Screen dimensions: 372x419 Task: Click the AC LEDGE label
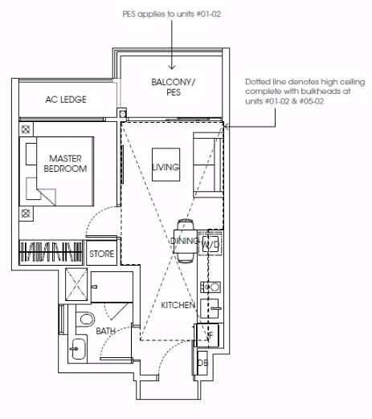(x=66, y=100)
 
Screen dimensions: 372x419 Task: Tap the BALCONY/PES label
(x=174, y=87)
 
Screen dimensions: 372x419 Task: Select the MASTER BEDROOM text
(x=65, y=164)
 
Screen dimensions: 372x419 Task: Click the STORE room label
(x=101, y=254)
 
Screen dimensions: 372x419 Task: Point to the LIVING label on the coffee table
(x=166, y=167)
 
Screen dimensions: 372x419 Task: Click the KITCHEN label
(x=178, y=305)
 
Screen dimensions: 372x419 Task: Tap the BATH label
(x=105, y=331)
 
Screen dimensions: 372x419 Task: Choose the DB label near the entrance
(x=202, y=363)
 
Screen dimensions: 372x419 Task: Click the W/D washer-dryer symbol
(x=211, y=244)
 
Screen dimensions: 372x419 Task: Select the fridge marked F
(x=209, y=335)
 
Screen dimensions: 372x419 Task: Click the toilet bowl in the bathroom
(x=86, y=319)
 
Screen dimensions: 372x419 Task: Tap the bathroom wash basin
(x=78, y=349)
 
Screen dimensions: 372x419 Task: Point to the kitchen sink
(x=210, y=308)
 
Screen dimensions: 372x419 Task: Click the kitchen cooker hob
(x=211, y=287)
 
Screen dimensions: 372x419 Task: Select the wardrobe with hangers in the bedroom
(x=51, y=252)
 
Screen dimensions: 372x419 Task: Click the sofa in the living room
(x=208, y=165)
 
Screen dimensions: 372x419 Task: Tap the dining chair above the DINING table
(x=186, y=224)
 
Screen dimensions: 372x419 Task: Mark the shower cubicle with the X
(x=76, y=284)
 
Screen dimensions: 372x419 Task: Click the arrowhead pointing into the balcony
(x=172, y=67)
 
